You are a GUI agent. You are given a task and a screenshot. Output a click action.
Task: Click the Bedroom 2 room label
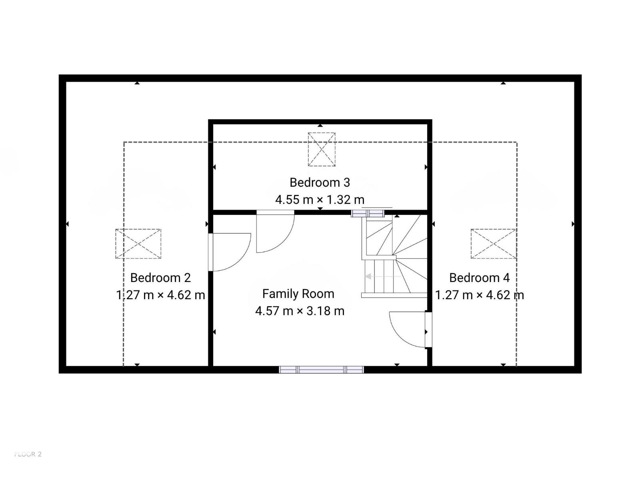[160, 278]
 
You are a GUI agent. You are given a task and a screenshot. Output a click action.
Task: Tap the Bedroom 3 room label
[320, 182]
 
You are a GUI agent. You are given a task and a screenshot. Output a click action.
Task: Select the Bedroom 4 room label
[479, 278]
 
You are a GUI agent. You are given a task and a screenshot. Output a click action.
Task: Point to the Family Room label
[298, 294]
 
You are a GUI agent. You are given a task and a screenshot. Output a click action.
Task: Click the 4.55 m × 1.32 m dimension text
[320, 200]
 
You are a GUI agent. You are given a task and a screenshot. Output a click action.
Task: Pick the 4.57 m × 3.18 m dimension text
[300, 311]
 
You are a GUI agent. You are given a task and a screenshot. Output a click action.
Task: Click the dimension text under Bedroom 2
[160, 295]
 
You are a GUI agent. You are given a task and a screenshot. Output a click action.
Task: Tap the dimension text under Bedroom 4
[479, 295]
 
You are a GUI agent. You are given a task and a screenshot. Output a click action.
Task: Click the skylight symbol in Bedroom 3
[322, 149]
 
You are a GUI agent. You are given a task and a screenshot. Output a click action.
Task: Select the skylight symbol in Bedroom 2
[138, 244]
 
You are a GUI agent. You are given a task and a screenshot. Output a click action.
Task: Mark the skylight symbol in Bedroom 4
[493, 244]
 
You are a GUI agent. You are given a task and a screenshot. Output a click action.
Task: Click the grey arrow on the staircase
[382, 276]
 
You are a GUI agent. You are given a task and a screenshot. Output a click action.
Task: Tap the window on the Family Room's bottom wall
[321, 370]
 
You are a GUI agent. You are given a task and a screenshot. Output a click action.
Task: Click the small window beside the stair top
[368, 214]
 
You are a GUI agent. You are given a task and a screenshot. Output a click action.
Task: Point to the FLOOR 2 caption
[28, 454]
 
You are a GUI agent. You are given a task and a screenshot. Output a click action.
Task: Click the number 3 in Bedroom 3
[347, 182]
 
